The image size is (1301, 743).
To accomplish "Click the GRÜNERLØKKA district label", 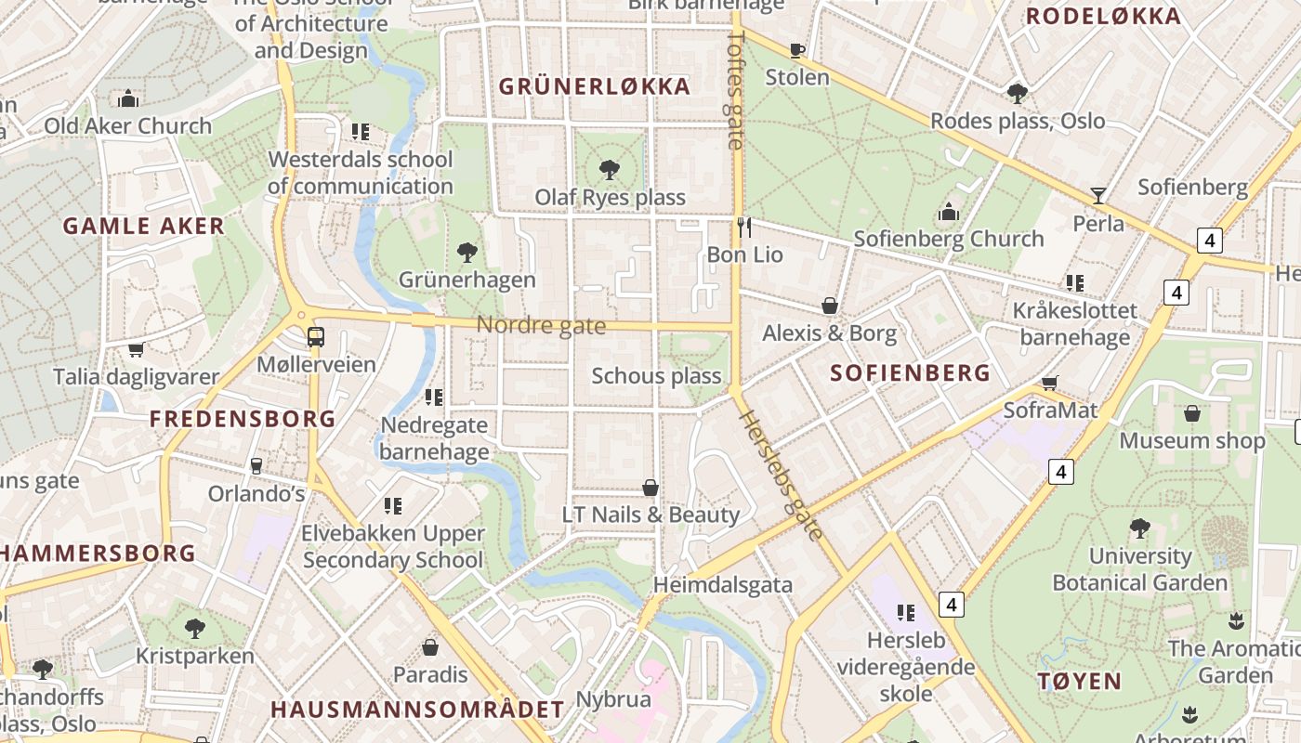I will pos(595,87).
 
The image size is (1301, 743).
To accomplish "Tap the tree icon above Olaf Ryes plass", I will pos(610,169).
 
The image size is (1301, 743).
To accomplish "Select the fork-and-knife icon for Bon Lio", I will pos(743,227).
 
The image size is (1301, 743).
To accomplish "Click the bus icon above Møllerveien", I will pos(316,336).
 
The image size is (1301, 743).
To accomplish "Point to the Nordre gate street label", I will pos(541,326).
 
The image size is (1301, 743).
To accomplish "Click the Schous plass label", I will pos(656,376).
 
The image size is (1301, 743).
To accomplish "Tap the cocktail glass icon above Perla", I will pos(1098,195).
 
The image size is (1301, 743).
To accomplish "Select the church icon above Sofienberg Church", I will pos(949,212).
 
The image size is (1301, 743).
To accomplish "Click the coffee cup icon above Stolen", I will pos(796,50).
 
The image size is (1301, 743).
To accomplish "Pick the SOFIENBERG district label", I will pos(910,373).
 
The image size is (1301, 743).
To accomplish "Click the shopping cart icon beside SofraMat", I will pos(1050,383).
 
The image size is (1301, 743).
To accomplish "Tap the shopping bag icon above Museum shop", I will pos(1192,413).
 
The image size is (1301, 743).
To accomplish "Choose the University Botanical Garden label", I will pos(1139,569).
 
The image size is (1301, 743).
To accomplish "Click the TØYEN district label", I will pos(1079,681).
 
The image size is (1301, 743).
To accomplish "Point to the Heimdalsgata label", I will pos(722,585).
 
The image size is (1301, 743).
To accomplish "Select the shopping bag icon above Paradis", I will pos(430,646).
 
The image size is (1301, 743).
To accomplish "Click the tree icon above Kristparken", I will pos(195,629).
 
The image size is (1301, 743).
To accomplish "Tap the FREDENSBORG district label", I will pos(243,419).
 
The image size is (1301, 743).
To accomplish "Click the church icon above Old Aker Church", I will pos(128,98).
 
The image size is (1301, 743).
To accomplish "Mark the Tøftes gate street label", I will pos(736,90).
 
